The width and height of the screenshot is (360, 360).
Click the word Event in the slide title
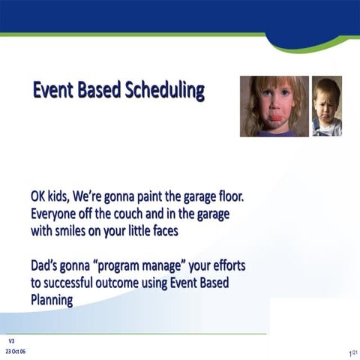[54, 91]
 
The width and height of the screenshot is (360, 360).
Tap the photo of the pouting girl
[274, 106]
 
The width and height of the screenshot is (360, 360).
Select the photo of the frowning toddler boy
[327, 106]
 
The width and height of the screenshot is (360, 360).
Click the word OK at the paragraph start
[40, 196]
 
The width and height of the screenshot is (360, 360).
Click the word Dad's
[46, 266]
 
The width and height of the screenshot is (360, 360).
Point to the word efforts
[224, 266]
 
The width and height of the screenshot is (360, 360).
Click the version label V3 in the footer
[12, 340]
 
